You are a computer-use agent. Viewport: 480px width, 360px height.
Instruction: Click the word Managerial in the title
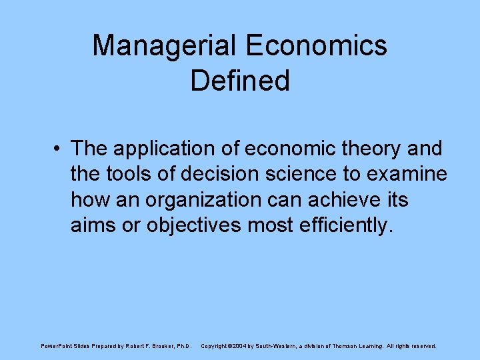164,45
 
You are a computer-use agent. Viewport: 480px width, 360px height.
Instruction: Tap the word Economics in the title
317,45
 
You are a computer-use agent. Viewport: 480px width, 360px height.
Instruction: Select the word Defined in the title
240,80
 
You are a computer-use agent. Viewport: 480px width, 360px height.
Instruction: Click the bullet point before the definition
59,148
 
